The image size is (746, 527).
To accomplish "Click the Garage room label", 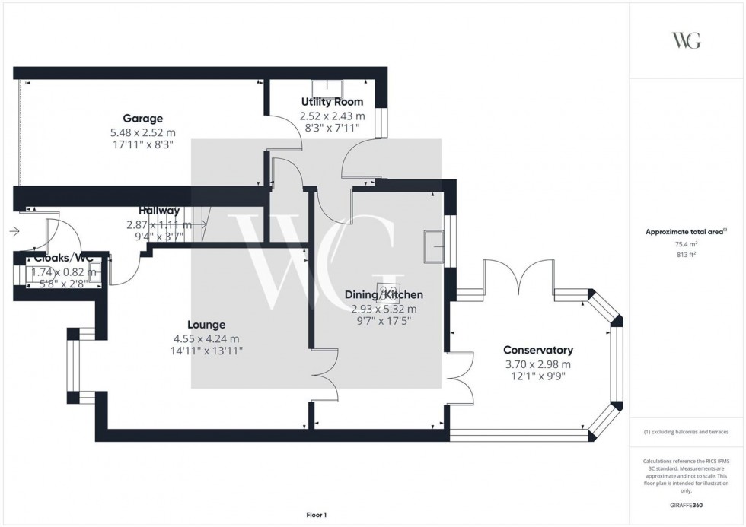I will click(142, 118).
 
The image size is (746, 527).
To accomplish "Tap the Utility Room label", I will click(331, 102).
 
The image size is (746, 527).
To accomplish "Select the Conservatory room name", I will click(537, 350).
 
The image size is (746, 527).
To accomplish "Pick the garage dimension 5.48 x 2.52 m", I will click(142, 131).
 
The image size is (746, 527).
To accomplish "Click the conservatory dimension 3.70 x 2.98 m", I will click(537, 364).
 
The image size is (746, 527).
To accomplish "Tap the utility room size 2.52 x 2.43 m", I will click(331, 116).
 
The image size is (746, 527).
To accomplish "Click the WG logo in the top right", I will click(686, 40).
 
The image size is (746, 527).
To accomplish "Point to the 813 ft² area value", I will click(686, 255).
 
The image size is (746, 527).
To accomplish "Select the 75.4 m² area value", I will click(686, 244).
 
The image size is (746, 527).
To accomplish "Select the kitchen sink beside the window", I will click(435, 246).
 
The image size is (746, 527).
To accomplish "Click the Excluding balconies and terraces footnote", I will click(686, 432).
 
